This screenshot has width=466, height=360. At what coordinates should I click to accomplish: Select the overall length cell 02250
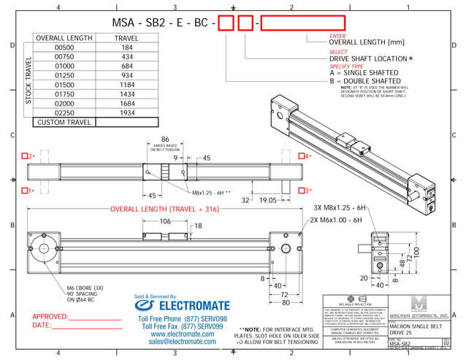pos(65,113)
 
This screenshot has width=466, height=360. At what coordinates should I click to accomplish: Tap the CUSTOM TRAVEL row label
pos(64,123)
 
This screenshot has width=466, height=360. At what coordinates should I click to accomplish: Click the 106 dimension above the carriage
pos(165,221)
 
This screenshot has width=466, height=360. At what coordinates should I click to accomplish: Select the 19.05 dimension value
pos(270,199)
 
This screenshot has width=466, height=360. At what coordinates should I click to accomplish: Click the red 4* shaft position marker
pos(308,156)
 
